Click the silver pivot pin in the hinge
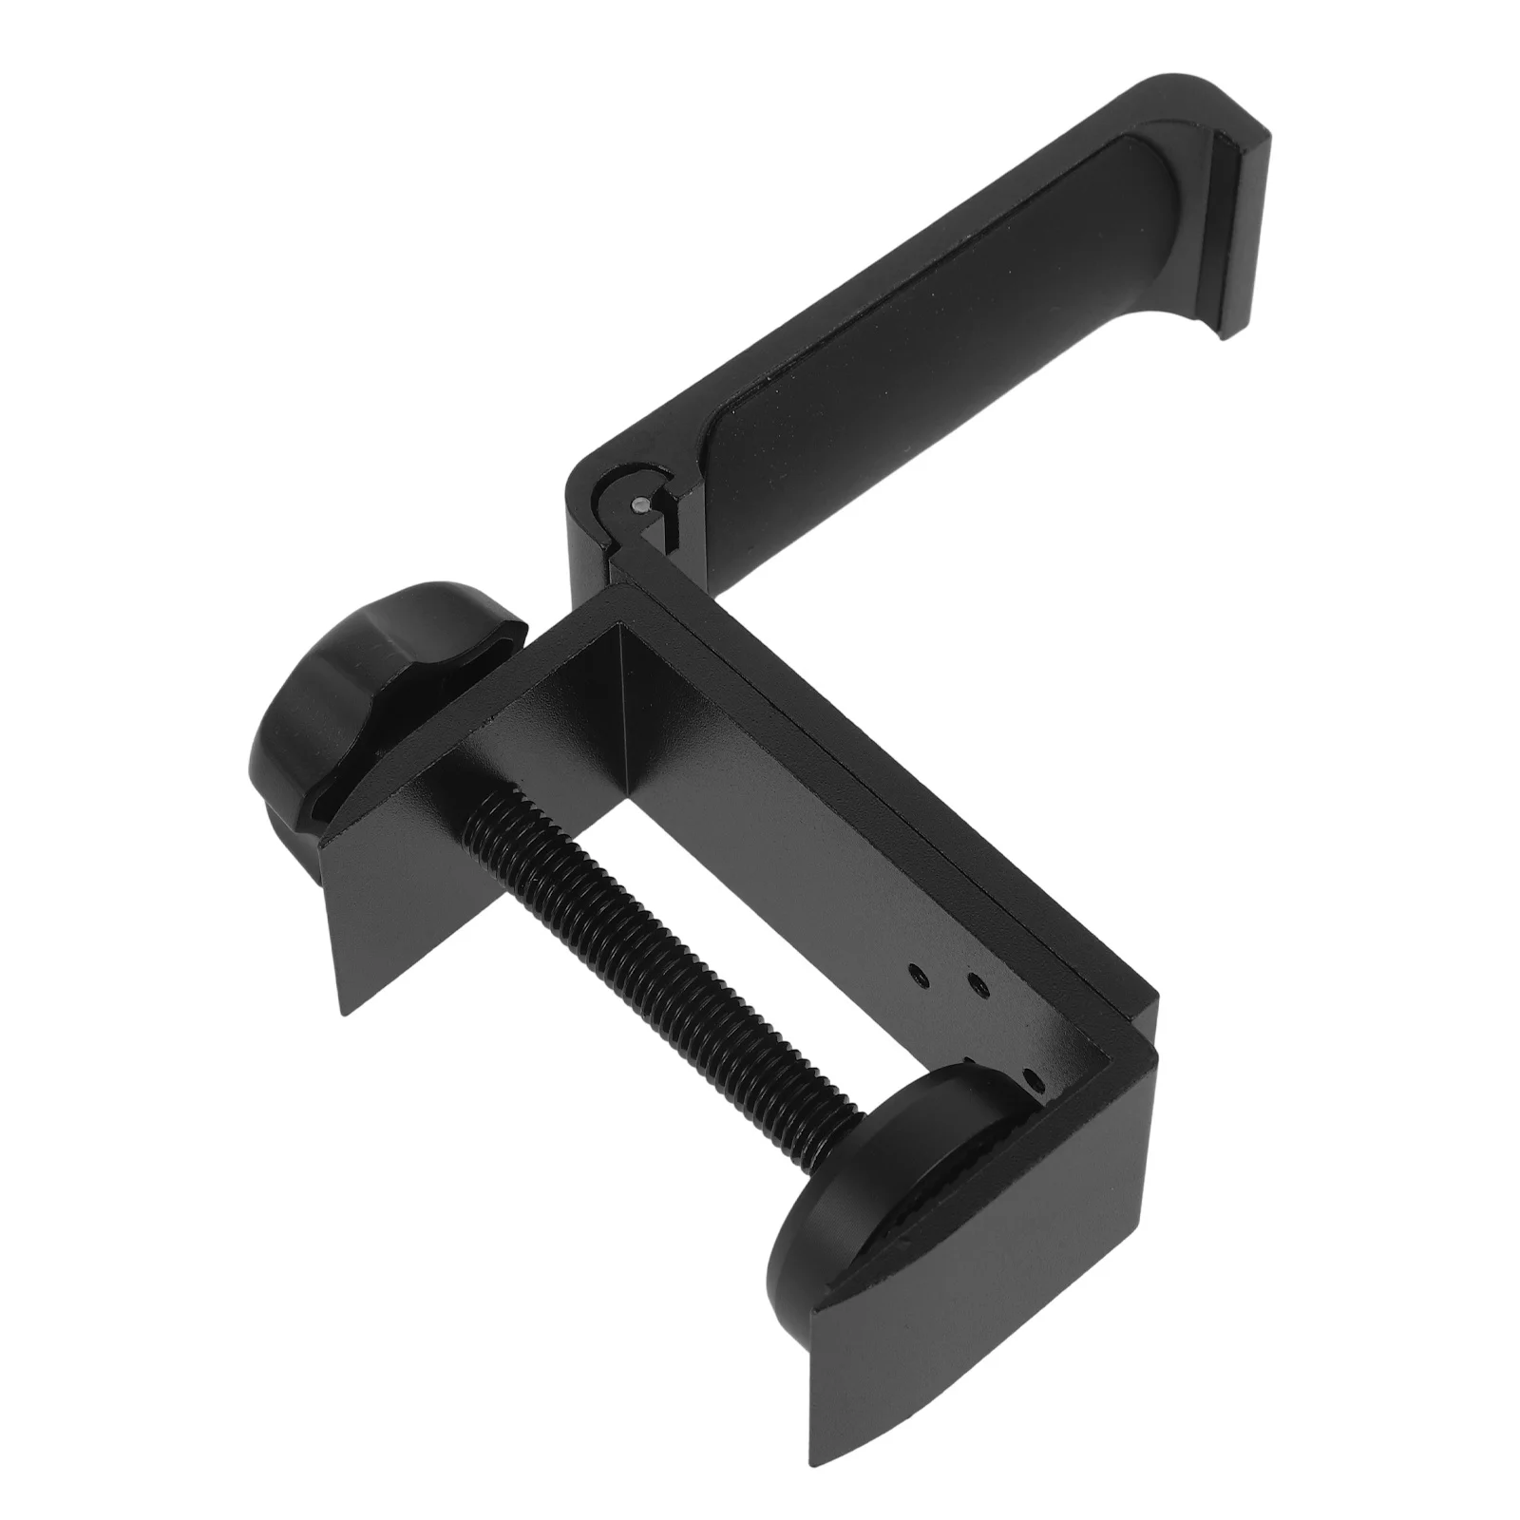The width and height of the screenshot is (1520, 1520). (638, 505)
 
